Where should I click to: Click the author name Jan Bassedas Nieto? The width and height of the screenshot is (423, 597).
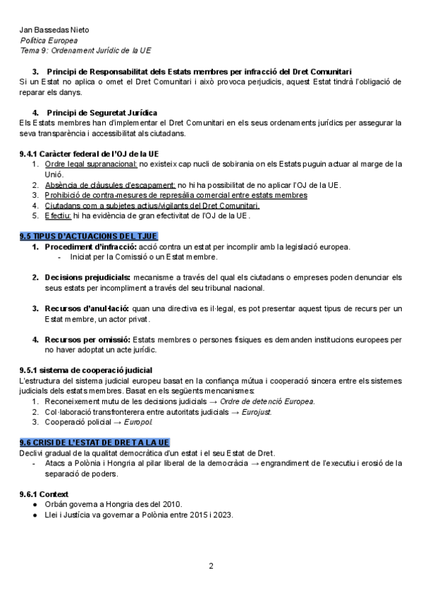click(x=54, y=30)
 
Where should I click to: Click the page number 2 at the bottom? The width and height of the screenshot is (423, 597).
click(x=211, y=565)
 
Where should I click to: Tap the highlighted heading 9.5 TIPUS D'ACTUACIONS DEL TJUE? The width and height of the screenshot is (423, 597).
click(x=89, y=235)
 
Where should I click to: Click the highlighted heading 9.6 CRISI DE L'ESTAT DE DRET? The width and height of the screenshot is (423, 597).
click(x=94, y=442)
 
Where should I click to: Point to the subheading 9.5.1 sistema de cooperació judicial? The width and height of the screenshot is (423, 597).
click(x=86, y=370)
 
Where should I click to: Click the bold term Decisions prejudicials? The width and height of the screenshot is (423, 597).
click(x=87, y=277)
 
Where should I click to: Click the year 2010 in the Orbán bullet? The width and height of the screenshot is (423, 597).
click(x=171, y=504)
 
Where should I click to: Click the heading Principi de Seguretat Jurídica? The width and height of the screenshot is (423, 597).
click(x=102, y=113)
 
